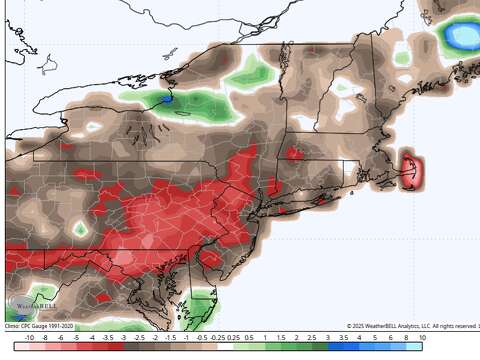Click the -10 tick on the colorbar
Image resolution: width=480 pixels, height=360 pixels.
click(x=28, y=339)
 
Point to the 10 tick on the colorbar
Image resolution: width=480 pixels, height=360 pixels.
click(x=422, y=339)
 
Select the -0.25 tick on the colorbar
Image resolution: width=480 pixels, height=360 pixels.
click(x=218, y=339)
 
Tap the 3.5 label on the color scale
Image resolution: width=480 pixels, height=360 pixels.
click(x=343, y=339)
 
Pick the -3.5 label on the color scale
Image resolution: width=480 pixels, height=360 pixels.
click(x=107, y=339)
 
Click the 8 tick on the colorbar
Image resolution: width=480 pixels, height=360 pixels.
click(x=406, y=339)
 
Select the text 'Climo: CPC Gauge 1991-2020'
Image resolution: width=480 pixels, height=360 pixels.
click(x=40, y=325)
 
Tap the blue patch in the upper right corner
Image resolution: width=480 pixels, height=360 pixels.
click(x=461, y=36)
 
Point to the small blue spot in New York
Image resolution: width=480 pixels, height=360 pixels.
click(x=167, y=100)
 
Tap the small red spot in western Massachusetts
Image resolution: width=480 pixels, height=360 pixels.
click(x=294, y=153)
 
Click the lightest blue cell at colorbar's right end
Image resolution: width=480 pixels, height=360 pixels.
click(x=414, y=347)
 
